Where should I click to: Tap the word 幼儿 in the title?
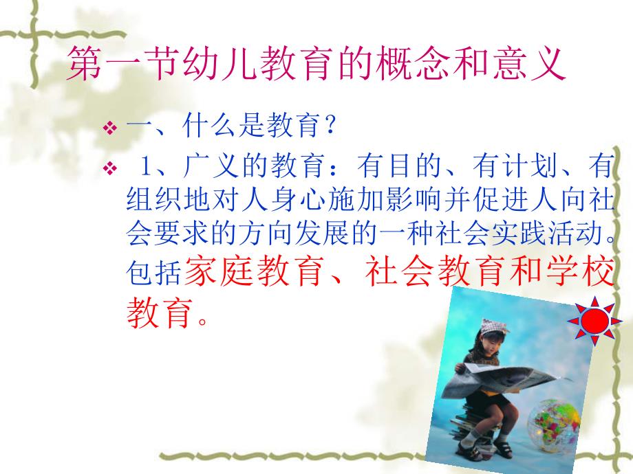pyautogui.click(x=225, y=66)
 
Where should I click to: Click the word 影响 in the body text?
pyautogui.click(x=362, y=201)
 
